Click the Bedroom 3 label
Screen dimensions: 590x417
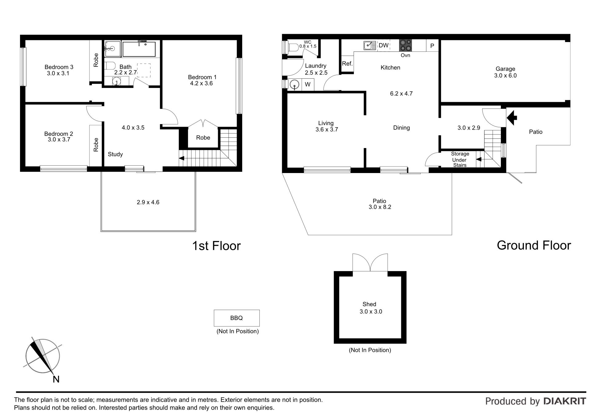click(59, 67)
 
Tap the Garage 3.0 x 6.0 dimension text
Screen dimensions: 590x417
click(505, 76)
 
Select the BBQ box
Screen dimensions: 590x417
click(237, 318)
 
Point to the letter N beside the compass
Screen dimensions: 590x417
click(56, 380)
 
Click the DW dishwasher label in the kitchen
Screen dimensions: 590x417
click(383, 45)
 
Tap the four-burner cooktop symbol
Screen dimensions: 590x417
click(405, 45)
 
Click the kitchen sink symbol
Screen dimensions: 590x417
click(370, 45)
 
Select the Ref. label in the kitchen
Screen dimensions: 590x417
click(347, 64)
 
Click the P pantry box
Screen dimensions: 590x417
click(432, 46)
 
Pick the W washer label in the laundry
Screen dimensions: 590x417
click(308, 85)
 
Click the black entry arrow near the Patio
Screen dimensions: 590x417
click(512, 118)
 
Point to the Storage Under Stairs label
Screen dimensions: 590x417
click(460, 159)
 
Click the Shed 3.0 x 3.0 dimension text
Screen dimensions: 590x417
click(371, 312)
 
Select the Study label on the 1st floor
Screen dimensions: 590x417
click(115, 154)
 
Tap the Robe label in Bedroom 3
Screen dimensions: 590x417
click(96, 60)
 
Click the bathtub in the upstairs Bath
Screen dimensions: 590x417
click(139, 49)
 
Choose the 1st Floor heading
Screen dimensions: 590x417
click(216, 246)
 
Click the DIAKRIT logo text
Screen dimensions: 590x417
click(565, 401)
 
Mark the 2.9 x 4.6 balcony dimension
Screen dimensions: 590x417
click(148, 202)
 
